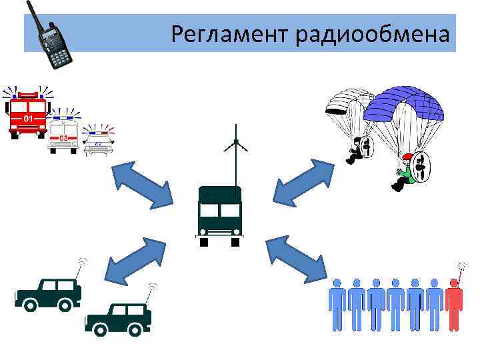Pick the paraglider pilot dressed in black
pyautogui.click(x=355, y=150)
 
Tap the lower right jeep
pyautogui.click(x=118, y=318)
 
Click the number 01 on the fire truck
pyautogui.click(x=28, y=119)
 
